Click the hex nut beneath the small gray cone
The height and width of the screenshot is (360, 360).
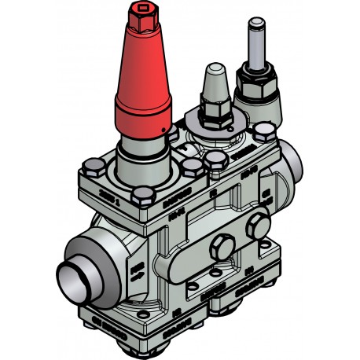click(214, 110)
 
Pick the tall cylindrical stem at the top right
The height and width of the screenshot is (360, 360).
click(256, 44)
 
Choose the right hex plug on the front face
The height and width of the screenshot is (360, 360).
click(255, 227)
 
